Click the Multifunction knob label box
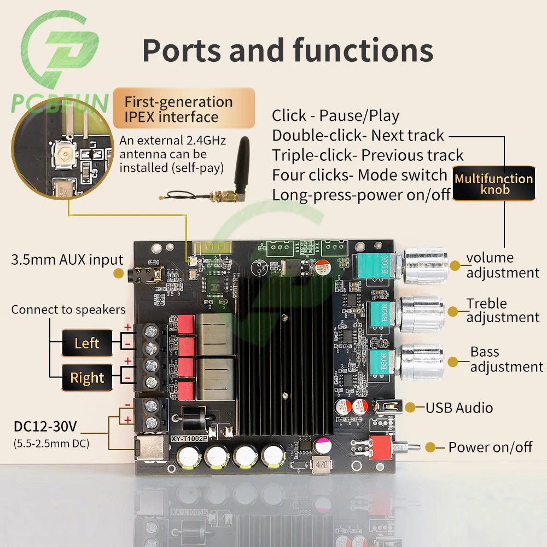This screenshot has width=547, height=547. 494,184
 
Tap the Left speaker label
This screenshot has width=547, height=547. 87,344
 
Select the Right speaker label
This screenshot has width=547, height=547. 87,378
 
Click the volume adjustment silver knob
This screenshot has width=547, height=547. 425,264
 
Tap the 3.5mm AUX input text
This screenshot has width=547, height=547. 67,260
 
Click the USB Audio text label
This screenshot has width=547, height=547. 459,408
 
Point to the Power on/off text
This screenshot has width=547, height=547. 490,447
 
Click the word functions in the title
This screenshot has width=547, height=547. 363,50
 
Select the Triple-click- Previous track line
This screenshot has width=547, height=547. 368,155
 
